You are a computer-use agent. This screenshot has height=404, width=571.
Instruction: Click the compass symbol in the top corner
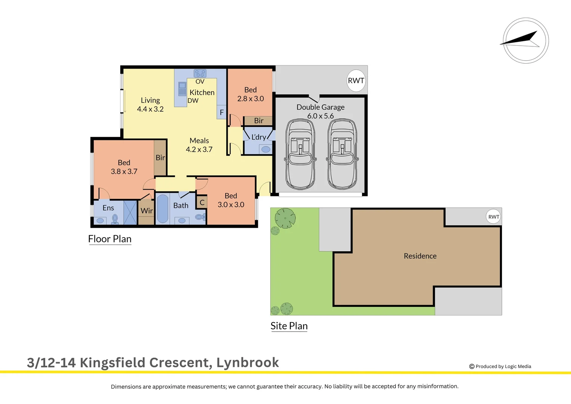point(525,40)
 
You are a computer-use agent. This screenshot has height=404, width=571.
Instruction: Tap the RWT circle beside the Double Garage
point(356,80)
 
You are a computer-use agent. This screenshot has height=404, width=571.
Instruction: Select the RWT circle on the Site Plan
point(493,217)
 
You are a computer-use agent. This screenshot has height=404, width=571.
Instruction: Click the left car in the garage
point(300,154)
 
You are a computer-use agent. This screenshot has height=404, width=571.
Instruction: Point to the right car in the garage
point(342,154)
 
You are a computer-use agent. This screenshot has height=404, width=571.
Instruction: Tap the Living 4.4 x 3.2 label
point(150,105)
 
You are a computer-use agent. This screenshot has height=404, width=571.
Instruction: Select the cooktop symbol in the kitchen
point(200,73)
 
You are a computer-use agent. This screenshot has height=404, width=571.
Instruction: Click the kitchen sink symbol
point(182,89)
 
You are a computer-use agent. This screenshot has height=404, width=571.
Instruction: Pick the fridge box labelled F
point(222,112)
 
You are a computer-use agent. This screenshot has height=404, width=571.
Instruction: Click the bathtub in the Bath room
point(162,209)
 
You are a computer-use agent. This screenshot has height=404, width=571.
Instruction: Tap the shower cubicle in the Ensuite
point(130,212)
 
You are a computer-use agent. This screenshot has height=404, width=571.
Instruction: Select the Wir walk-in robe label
point(146,211)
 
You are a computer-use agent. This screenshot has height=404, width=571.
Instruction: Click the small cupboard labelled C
point(202,202)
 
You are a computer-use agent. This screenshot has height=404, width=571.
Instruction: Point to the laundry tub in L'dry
point(266,149)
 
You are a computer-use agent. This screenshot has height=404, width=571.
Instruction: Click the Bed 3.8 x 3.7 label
point(124,167)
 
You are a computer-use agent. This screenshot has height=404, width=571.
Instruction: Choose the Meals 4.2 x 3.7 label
point(199,145)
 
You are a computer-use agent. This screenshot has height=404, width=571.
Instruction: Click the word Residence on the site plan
point(420,256)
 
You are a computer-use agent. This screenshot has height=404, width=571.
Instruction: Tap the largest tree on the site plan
point(285,218)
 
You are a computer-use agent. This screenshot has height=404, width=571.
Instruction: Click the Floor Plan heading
point(109,239)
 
